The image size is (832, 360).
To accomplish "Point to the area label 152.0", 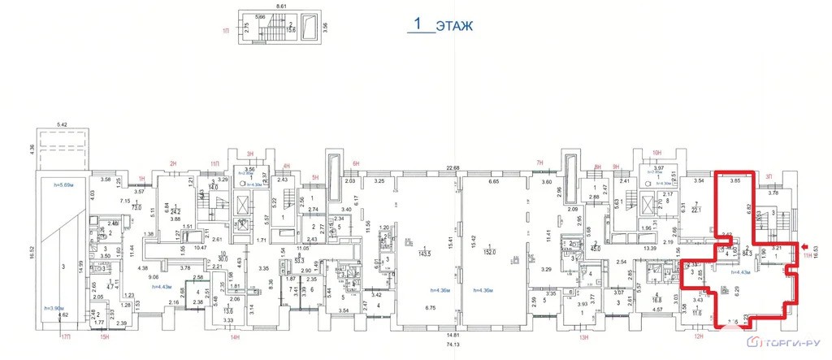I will tap(490, 252).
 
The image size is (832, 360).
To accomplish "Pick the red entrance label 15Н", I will tap(103, 336).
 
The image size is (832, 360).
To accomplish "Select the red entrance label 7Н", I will tap(539, 163).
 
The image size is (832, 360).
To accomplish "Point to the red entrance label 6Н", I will tap(355, 163).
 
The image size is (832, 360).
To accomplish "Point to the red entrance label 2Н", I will tap(172, 163).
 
